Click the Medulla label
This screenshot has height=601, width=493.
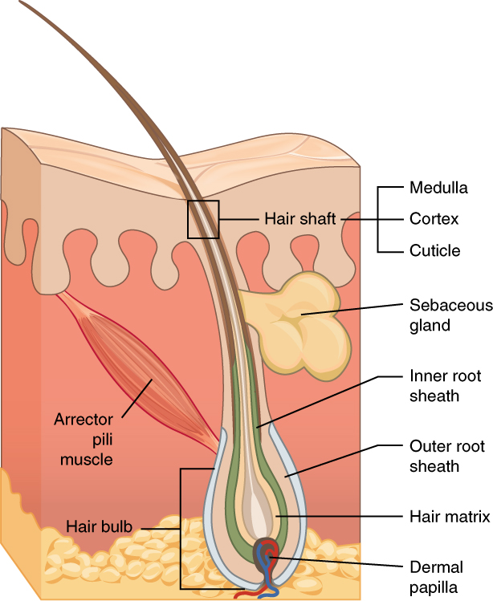point(438,188)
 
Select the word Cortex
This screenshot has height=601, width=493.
point(434,218)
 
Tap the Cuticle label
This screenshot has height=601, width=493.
point(434,250)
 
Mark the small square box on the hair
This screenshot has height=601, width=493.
point(203,219)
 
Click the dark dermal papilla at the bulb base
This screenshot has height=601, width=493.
point(266,554)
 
